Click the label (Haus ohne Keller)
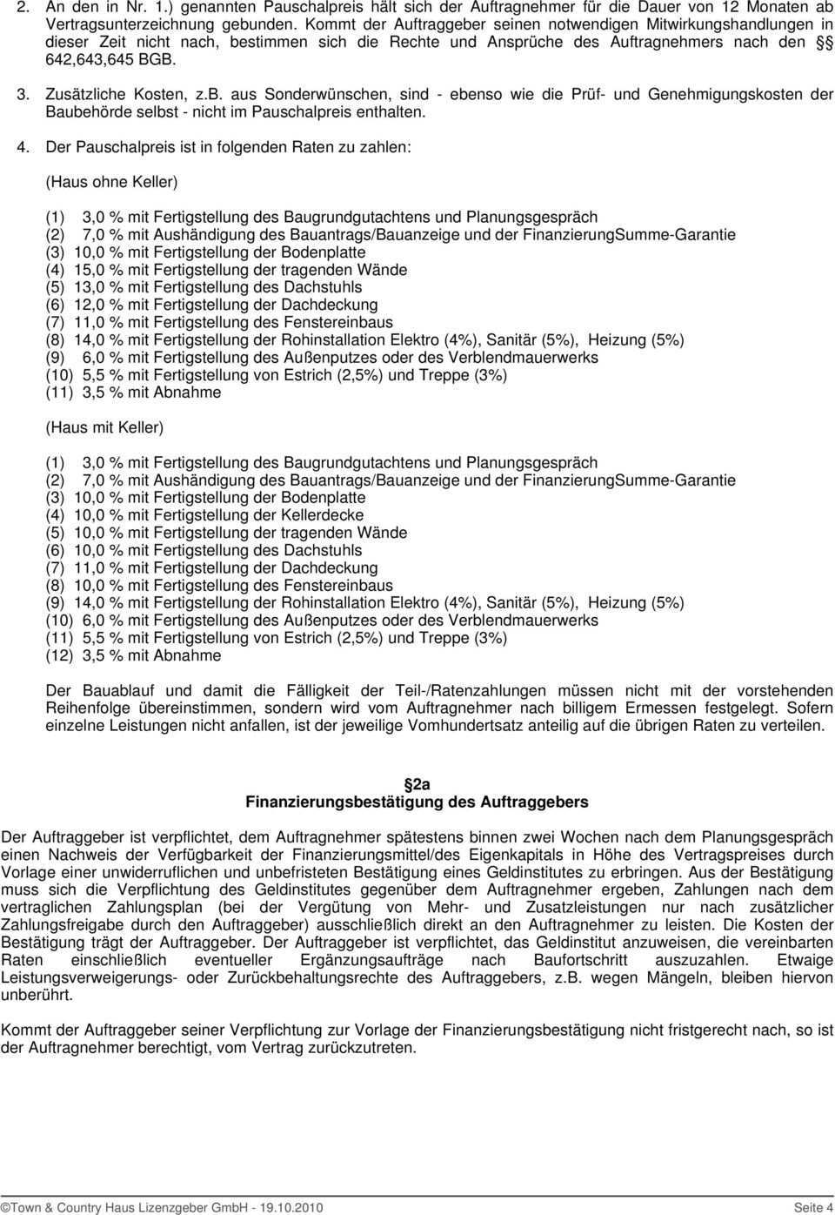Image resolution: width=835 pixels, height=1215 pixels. [111, 182]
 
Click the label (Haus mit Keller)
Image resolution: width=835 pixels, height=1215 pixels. [104, 427]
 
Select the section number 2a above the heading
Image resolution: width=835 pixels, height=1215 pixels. [417, 782]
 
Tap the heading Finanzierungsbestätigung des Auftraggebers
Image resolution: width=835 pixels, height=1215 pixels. [417, 802]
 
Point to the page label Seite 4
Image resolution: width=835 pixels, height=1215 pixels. [812, 1207]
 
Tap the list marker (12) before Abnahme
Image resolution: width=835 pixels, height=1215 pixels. [60, 655]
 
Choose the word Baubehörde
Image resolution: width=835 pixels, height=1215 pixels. [90, 111]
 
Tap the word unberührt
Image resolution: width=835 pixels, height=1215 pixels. [37, 995]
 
